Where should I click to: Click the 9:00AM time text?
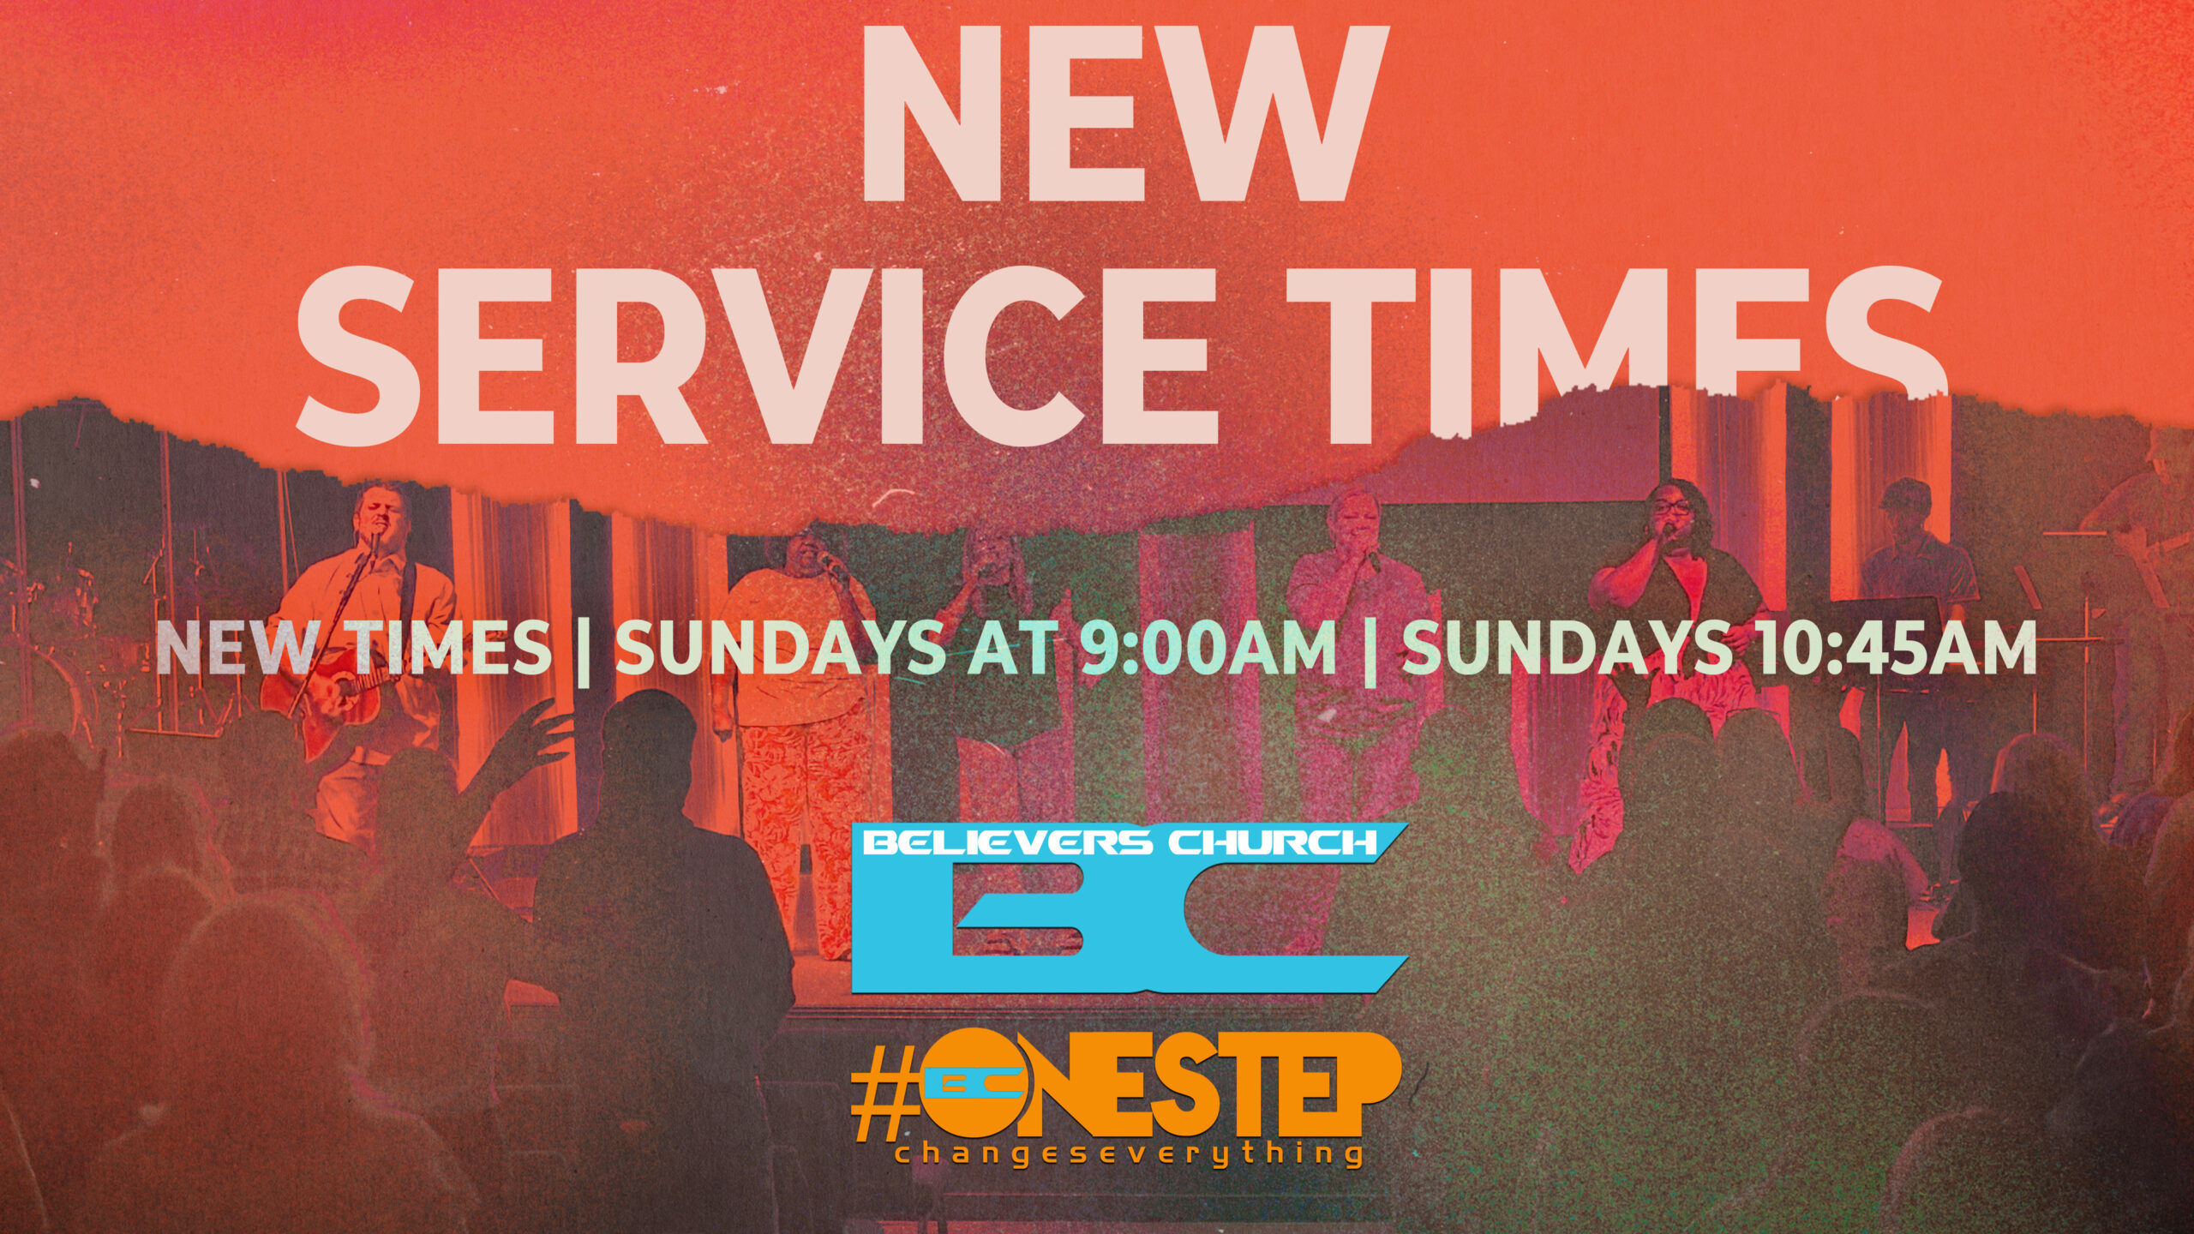click(x=1207, y=647)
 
